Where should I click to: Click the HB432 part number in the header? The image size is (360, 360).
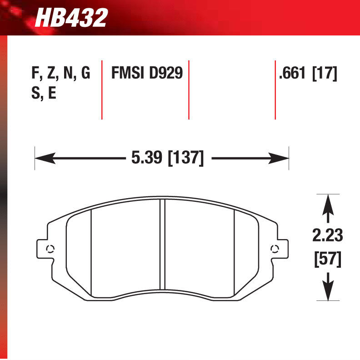[x=71, y=18]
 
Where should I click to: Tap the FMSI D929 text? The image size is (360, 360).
[x=147, y=73]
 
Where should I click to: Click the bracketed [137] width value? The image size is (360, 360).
[x=186, y=158]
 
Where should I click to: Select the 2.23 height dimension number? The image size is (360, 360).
[x=327, y=235]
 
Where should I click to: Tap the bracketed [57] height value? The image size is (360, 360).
[x=327, y=259]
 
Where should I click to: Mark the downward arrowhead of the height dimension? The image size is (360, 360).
[x=327, y=292]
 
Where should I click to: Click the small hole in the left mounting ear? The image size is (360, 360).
[x=50, y=248]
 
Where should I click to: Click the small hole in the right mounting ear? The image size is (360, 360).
[x=274, y=248]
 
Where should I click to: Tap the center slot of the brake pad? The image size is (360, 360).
[x=162, y=245]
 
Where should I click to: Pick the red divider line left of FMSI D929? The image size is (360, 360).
[x=102, y=89]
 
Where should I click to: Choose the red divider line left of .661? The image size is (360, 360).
[x=275, y=89]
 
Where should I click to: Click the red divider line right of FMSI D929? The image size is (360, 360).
[x=189, y=89]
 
